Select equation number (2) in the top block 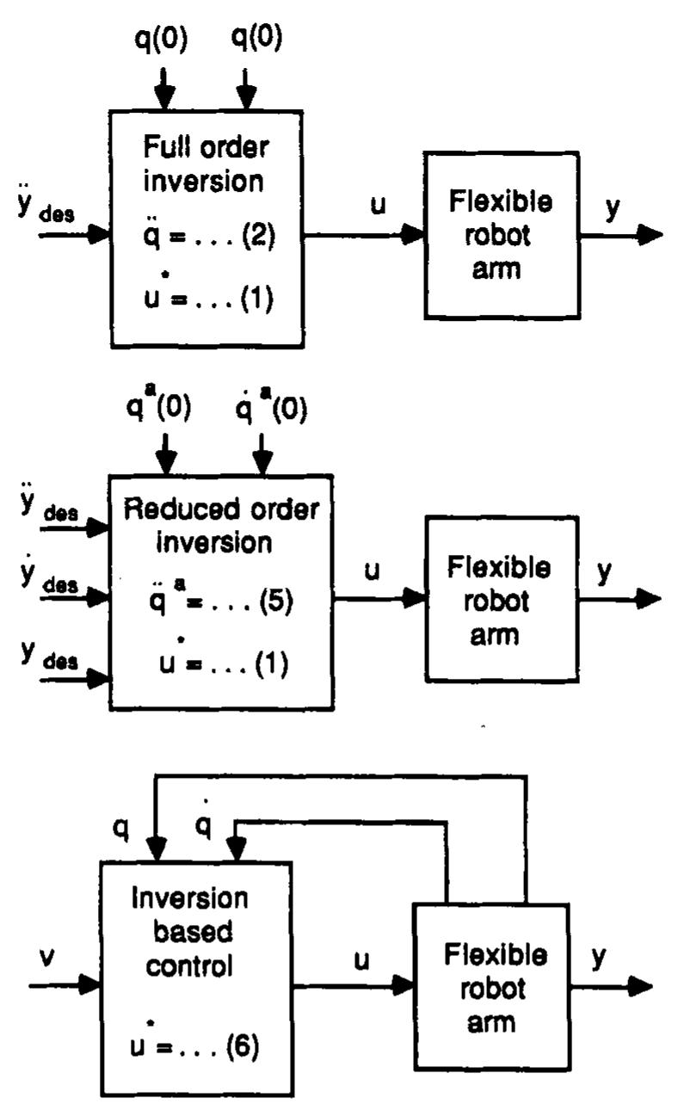pos(257,235)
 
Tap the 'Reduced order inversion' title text pos(221,526)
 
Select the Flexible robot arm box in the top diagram pos(500,234)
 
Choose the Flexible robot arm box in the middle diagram pos(501,599)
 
